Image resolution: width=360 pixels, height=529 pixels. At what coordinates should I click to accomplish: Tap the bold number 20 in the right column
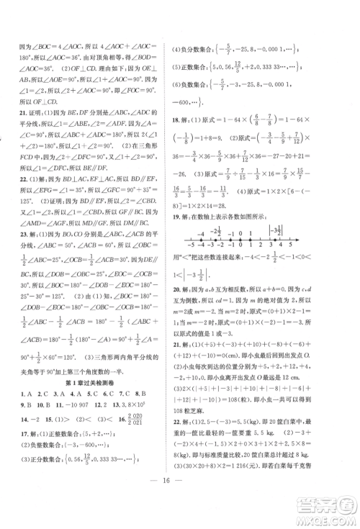pos(190,308)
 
